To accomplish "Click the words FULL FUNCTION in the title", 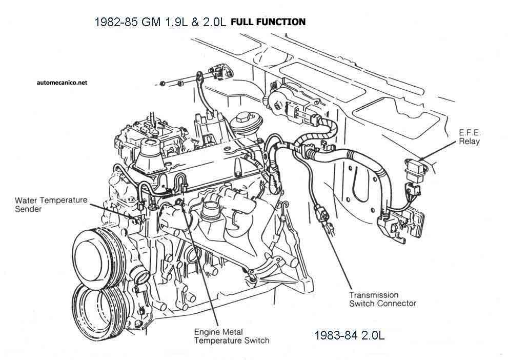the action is click(268, 22).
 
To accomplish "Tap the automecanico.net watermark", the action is click(62, 82).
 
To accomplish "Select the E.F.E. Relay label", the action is click(470, 137).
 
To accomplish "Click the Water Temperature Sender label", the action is click(51, 205).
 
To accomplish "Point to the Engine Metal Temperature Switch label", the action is click(232, 336).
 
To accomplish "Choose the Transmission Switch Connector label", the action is click(382, 299).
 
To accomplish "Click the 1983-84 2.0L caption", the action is click(350, 335).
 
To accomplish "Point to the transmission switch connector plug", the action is click(321, 214).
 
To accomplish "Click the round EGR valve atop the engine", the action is click(241, 123).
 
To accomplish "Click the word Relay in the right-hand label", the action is click(470, 141).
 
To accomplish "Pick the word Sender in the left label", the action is click(28, 209).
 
